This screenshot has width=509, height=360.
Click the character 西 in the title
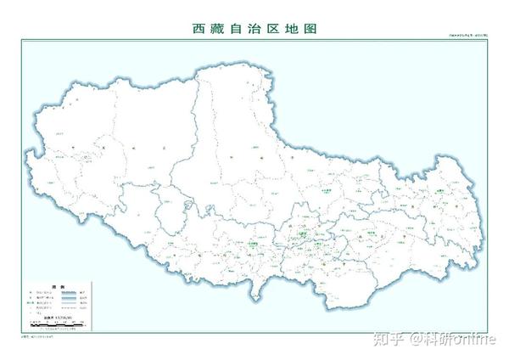(200, 28)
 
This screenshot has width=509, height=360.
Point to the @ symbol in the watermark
(417, 339)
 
